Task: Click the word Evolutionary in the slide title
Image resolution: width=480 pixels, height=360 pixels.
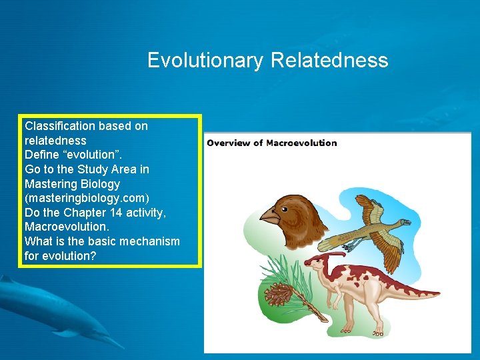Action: coord(205,61)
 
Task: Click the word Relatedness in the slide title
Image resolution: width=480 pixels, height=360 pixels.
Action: coord(329,61)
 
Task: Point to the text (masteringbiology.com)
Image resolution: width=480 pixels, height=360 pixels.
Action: coord(87,198)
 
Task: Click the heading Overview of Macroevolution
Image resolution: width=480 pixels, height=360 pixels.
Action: coord(271,143)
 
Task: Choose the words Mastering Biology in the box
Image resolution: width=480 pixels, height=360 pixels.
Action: coord(72,184)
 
